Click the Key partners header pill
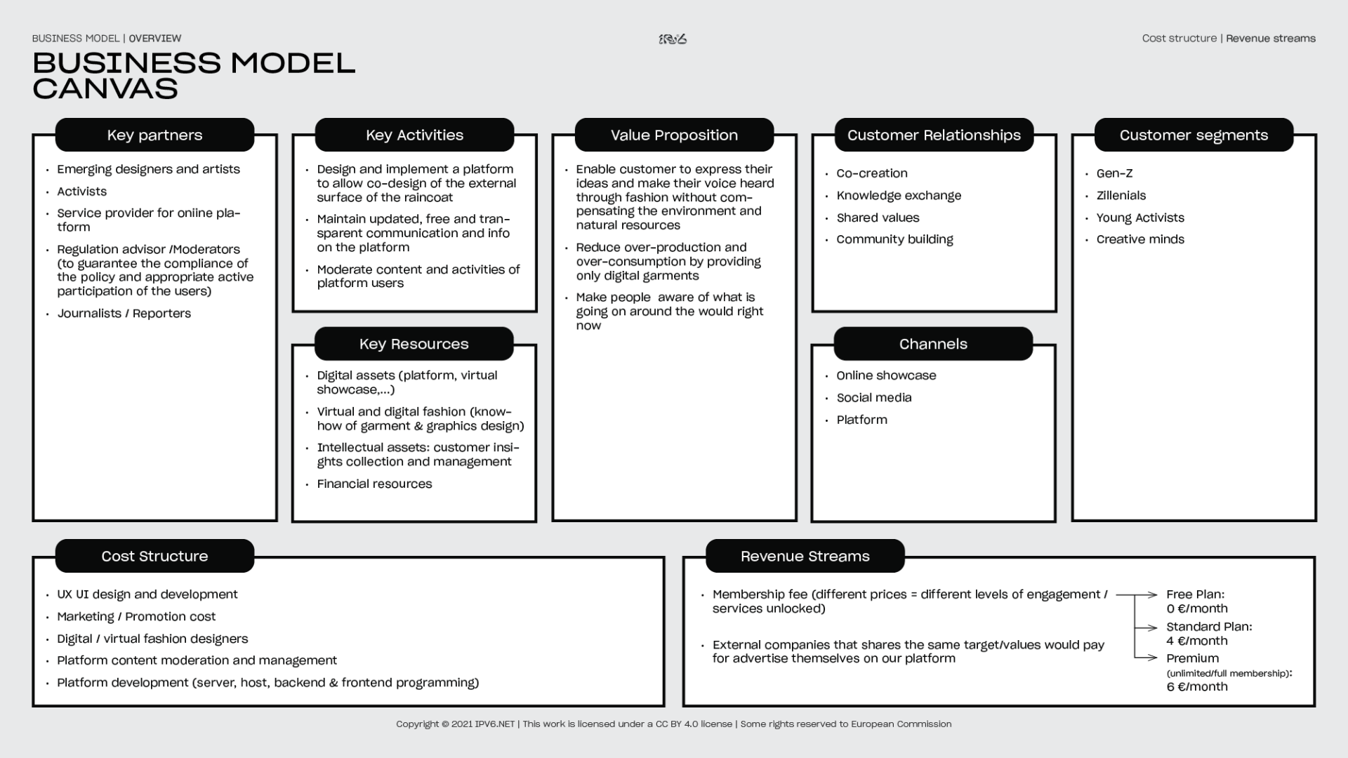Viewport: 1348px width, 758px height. tap(154, 135)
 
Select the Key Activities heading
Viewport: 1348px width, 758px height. tap(414, 135)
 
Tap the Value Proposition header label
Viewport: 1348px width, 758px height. tap(674, 135)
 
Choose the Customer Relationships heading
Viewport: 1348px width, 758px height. tap(934, 135)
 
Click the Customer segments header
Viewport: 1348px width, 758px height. tap(1194, 135)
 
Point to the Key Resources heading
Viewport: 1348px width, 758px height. tap(414, 344)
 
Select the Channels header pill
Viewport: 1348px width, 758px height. tap(933, 344)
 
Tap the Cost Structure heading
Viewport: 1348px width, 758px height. tap(154, 556)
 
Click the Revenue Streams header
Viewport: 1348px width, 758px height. tap(805, 556)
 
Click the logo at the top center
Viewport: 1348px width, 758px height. tap(673, 39)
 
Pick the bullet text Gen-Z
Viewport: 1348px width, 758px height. tap(1114, 173)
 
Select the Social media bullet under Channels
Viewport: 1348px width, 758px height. tap(873, 397)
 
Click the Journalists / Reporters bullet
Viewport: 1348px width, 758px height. tap(124, 313)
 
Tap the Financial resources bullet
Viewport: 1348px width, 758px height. tap(374, 484)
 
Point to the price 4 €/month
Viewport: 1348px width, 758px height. tap(1197, 641)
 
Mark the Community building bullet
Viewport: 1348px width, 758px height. tap(894, 239)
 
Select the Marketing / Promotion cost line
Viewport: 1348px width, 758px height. tap(136, 616)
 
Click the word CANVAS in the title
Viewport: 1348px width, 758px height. tap(105, 88)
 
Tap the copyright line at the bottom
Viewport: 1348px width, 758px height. tap(673, 724)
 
